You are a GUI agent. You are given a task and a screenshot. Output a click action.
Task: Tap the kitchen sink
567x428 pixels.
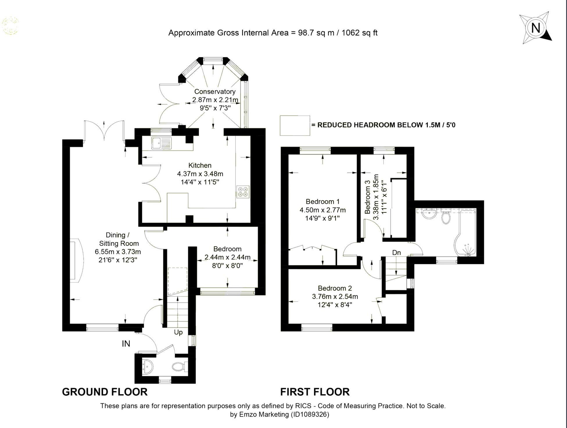click(161, 143)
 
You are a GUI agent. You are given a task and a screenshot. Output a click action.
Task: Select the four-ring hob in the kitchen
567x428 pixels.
click(243, 192)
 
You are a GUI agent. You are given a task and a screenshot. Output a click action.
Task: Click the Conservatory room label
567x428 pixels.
click(215, 91)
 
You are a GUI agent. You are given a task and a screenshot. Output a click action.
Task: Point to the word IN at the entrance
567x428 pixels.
click(126, 344)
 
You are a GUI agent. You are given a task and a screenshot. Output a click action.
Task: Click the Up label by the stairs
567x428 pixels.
click(178, 332)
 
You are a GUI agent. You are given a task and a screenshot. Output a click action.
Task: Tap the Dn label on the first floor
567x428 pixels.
click(396, 253)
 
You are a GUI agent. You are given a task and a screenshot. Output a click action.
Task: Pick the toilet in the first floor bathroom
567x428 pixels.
click(446, 217)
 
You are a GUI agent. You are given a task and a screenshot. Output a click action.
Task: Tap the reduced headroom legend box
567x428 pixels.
click(295, 125)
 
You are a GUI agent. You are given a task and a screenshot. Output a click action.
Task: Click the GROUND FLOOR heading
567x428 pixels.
click(105, 392)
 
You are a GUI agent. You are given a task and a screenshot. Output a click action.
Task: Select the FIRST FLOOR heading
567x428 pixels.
click(315, 392)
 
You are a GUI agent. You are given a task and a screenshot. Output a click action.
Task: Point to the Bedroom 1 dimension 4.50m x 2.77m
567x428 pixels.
click(322, 210)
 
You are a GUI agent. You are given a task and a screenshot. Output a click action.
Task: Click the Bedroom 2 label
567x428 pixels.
click(335, 288)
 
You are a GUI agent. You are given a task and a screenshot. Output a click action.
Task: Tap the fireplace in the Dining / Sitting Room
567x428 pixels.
click(76, 260)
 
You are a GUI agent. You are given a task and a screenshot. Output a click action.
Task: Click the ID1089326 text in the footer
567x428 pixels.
click(310, 414)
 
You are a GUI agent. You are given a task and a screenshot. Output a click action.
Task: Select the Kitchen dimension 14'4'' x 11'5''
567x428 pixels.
click(200, 182)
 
